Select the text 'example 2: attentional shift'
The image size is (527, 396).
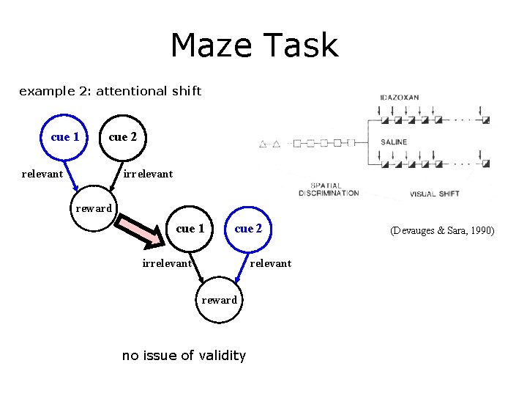[110, 92]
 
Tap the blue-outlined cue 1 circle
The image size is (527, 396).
[65, 136]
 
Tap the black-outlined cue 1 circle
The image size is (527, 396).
[190, 229]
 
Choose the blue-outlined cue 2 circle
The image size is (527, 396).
[248, 229]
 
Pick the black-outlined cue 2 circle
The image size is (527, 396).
[122, 136]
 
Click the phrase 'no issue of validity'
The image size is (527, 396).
[184, 356]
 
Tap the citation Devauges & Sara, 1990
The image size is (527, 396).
[442, 230]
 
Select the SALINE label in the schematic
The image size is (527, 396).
[394, 142]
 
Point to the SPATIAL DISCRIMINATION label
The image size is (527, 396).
[329, 189]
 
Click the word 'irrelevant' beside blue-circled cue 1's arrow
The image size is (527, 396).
[167, 263]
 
